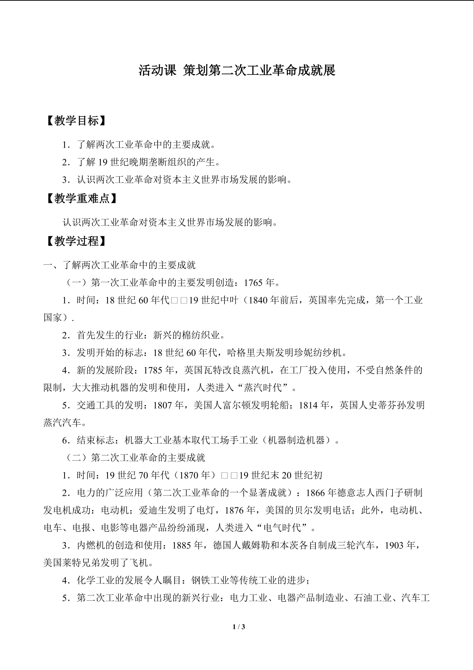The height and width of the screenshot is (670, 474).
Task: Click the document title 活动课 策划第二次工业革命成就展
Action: pyautogui.click(x=237, y=71)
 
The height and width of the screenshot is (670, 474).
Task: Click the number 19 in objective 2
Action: pyautogui.click(x=103, y=162)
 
